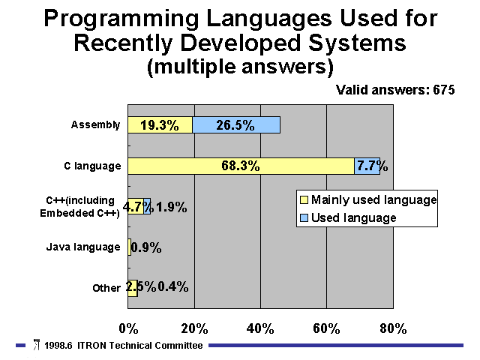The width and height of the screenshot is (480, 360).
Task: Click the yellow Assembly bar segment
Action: click(x=160, y=125)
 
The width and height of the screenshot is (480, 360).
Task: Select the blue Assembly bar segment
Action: click(x=236, y=125)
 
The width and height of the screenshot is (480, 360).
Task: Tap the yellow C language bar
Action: click(x=241, y=166)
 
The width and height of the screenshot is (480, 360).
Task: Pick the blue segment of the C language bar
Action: click(x=367, y=166)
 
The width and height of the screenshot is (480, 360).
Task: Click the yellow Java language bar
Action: click(x=130, y=247)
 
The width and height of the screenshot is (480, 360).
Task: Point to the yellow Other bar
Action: click(x=133, y=288)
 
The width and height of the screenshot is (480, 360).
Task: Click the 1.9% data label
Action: click(x=172, y=207)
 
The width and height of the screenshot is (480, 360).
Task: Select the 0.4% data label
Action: click(x=173, y=286)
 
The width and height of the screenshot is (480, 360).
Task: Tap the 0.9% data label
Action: click(x=146, y=247)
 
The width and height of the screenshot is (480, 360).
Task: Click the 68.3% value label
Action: click(x=241, y=166)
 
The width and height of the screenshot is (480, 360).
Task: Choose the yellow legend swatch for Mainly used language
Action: click(x=304, y=200)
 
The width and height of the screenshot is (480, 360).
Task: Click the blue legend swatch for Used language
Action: click(x=304, y=218)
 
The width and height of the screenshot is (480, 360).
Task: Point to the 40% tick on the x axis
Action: click(x=260, y=328)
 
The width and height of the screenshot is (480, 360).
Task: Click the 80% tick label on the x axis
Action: click(x=393, y=328)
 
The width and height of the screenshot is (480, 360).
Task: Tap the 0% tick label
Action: click(x=128, y=328)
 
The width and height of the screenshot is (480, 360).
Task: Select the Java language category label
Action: click(x=83, y=247)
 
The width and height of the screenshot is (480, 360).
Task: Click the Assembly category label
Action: click(x=95, y=125)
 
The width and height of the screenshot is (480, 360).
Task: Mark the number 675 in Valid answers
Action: click(x=444, y=90)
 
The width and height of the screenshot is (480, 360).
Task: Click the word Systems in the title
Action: click(x=357, y=43)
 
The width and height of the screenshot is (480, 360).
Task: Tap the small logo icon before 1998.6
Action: click(x=37, y=345)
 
